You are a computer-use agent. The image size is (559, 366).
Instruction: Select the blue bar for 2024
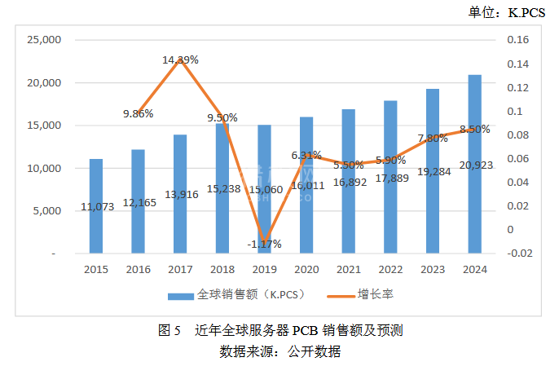point(474,163)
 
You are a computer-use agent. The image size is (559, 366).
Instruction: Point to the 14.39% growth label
point(180,60)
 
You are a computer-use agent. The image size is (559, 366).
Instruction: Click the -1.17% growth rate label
point(263,243)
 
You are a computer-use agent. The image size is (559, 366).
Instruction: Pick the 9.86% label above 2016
point(139,113)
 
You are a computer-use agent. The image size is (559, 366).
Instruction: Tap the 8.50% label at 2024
point(474,129)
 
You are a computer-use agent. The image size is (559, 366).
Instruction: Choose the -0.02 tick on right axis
point(519,254)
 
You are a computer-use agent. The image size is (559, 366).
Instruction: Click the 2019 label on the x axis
point(264,270)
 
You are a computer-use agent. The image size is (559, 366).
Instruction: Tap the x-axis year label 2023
point(433,270)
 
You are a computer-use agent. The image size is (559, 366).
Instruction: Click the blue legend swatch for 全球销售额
point(182,293)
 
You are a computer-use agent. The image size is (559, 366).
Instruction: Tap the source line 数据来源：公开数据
point(279,352)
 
